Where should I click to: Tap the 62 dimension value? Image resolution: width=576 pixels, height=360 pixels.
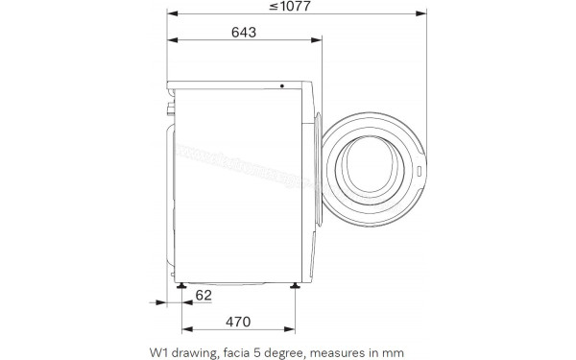point(204,296)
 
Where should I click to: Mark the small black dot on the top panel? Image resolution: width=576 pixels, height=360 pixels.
point(282,85)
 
